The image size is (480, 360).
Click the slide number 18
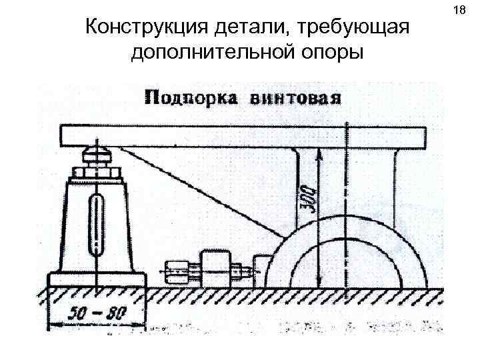click(x=458, y=11)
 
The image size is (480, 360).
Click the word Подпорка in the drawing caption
click(x=189, y=97)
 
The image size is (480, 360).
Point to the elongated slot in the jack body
click(x=97, y=225)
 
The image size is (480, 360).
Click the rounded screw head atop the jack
click(x=97, y=157)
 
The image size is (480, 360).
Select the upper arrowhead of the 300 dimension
click(x=320, y=153)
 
